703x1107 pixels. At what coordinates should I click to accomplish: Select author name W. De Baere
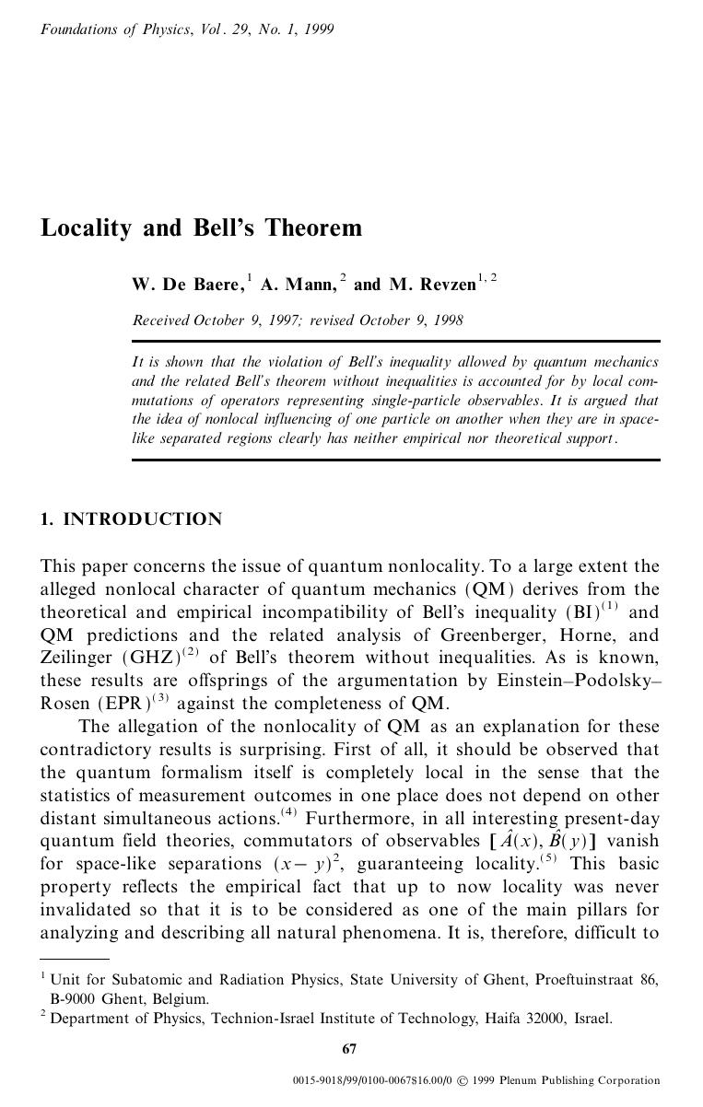188,285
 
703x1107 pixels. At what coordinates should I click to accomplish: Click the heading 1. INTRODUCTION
131,519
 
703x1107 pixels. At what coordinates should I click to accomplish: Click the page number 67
349,1049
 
